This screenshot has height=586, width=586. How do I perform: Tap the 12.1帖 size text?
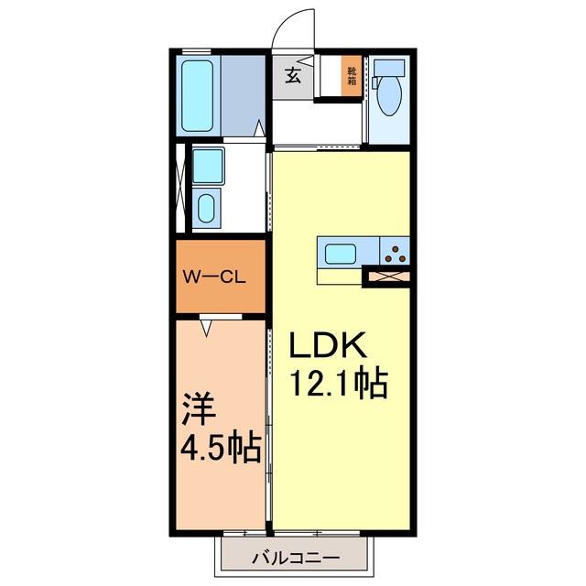[x=339, y=382]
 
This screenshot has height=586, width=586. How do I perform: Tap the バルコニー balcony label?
[x=295, y=557]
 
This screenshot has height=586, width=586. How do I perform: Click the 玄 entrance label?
[x=292, y=76]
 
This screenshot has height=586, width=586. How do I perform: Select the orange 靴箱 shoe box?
[x=352, y=75]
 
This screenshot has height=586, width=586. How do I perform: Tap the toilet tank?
[x=390, y=69]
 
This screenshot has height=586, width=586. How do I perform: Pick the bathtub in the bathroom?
[x=199, y=95]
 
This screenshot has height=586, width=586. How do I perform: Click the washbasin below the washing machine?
[x=208, y=208]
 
